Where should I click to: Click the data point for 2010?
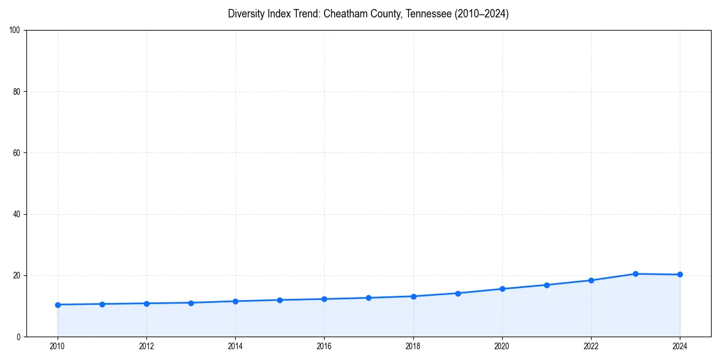point(58,305)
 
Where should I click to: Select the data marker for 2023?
point(635,274)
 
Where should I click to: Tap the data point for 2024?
point(680,275)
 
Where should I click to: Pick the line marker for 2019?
point(458,293)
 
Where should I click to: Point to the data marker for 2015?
point(280,300)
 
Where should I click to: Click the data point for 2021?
point(547,285)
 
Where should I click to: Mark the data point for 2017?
point(368,298)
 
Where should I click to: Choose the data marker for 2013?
point(191,303)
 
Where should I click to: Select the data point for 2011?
point(102,304)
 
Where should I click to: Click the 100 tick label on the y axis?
point(16,31)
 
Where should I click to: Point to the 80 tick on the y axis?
point(17,92)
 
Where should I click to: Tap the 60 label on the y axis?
point(17,153)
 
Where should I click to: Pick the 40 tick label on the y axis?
point(17,214)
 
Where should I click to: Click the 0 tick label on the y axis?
point(19,337)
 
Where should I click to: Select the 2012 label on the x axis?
point(146,346)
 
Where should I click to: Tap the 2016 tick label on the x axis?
point(324,346)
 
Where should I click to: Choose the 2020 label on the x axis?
point(502,346)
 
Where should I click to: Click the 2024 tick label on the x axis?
point(680,346)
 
